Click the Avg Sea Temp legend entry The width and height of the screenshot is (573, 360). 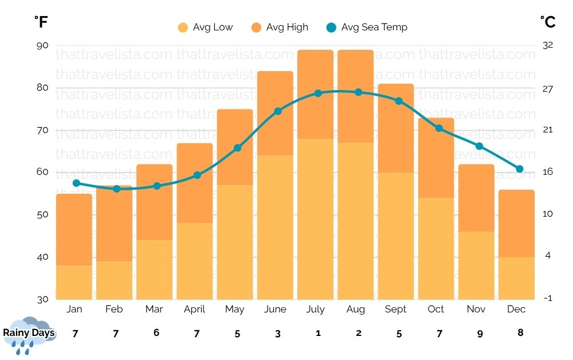click(367, 27)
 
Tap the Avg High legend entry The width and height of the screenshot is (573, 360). click(280, 27)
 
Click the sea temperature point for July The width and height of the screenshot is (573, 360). click(319, 93)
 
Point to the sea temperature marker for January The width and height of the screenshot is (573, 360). click(76, 183)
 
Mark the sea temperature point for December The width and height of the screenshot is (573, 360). click(520, 169)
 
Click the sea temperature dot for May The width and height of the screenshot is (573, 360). click(238, 148)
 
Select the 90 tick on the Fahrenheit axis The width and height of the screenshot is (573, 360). click(43, 46)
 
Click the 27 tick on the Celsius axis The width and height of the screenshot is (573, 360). click(547, 89)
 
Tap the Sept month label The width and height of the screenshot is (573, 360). click(395, 310)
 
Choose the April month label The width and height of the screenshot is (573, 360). click(194, 310)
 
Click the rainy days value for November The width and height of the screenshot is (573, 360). click(480, 333)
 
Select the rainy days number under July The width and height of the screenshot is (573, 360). click(318, 333)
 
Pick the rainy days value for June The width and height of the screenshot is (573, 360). click(277, 333)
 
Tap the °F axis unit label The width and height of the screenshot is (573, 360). click(41, 22)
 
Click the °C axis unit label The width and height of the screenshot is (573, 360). click(548, 22)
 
